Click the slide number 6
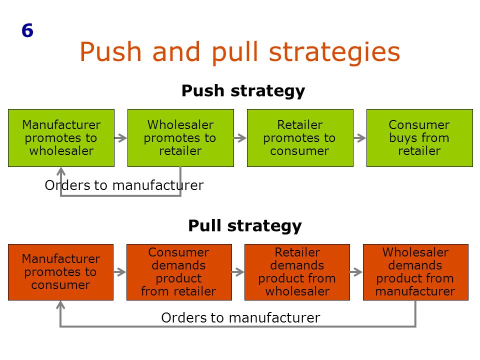27,30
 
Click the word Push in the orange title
110,52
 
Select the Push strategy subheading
243,91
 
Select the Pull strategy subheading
245,226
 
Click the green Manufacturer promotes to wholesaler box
61,138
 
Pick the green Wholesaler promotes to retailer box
180,138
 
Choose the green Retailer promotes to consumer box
300,138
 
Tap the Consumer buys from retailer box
419,138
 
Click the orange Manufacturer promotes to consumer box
60,272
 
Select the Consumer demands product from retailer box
179,272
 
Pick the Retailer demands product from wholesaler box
297,272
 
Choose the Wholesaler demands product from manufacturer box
415,272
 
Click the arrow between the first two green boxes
120,138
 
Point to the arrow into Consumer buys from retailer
359,138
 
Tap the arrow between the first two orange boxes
119,272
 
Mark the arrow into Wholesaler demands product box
356,272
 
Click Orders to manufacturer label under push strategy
124,185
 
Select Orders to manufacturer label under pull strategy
240,318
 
